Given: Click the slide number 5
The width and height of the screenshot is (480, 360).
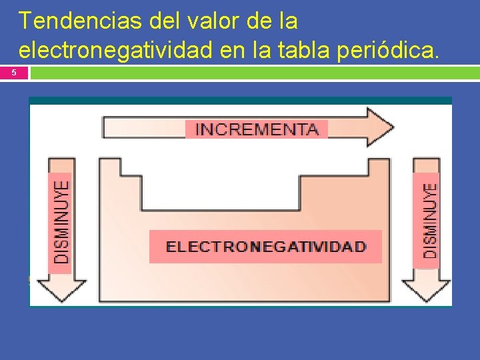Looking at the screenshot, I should [x=14, y=73].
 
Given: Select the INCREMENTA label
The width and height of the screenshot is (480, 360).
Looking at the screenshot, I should [x=257, y=129].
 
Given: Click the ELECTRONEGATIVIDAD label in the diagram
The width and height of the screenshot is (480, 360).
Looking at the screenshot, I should [x=265, y=247].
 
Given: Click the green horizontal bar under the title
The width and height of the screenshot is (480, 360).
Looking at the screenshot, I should [x=253, y=73].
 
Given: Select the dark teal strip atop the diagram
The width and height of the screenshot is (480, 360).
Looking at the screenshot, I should [x=240, y=101].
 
